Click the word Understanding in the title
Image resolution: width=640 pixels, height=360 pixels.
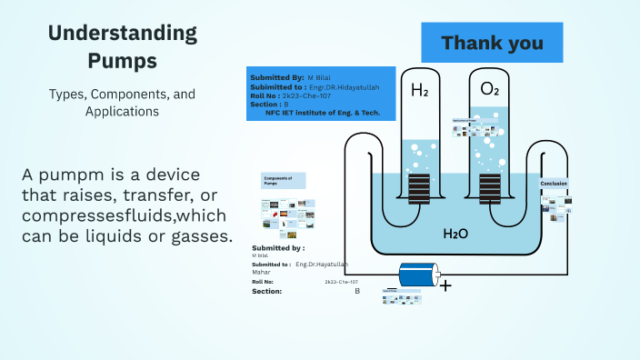(x=122, y=34)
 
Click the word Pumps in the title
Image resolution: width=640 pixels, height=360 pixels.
(x=122, y=61)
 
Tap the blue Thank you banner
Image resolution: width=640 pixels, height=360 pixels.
(x=492, y=43)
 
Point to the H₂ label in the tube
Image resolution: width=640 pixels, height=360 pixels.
(x=419, y=90)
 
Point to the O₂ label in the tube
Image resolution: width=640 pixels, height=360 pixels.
(x=490, y=90)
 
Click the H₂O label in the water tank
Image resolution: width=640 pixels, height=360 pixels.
(x=455, y=234)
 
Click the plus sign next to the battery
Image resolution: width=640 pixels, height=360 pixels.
(x=445, y=285)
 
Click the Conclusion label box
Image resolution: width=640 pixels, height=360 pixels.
(x=554, y=184)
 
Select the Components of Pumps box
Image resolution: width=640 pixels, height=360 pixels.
(x=284, y=180)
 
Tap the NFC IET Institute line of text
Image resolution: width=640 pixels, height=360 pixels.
(x=322, y=113)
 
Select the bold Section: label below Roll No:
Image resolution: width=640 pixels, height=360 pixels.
(x=266, y=291)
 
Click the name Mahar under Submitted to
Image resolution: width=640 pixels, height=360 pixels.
(x=263, y=271)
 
